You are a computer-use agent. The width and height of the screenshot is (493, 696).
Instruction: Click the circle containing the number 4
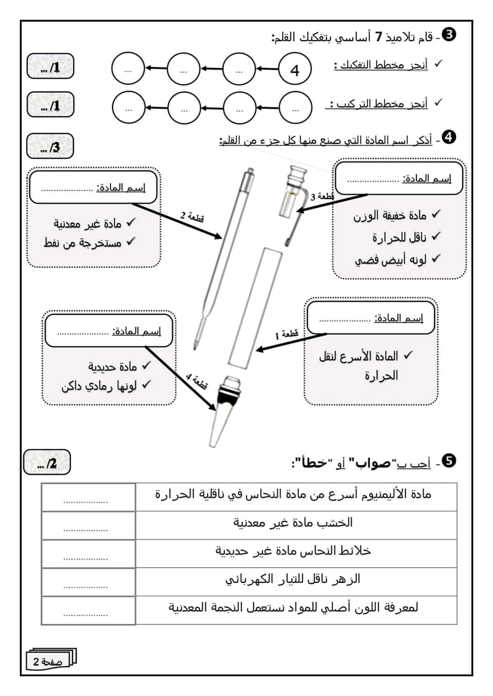pos(295,70)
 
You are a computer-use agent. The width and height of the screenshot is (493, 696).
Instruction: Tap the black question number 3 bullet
pos(449,35)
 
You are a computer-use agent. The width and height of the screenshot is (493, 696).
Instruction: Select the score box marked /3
pos(51,147)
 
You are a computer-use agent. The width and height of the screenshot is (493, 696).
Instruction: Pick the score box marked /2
pos(47,462)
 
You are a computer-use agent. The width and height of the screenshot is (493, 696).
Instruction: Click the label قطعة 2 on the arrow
pos(192,217)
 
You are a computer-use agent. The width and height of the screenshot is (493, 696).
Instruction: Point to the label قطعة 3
pos(322,197)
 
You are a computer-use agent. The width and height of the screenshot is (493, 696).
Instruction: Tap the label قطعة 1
pos(286,334)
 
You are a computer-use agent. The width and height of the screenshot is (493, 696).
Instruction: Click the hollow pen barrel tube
pos(255,308)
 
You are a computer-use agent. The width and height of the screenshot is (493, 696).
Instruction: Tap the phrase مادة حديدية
pos(113,367)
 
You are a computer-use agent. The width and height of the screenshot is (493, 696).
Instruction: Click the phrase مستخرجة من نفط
pos(83,243)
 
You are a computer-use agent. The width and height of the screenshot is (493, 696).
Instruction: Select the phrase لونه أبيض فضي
pos(391,260)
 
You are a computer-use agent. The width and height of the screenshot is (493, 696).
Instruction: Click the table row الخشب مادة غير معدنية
pos(293,523)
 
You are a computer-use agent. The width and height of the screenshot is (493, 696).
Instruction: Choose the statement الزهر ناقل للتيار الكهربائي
pos(293,579)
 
